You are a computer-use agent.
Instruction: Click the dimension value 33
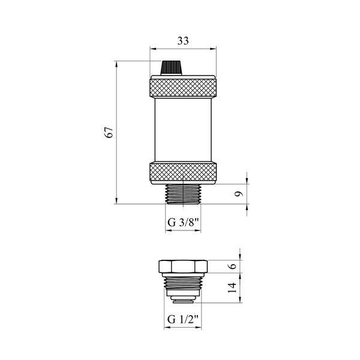pos(183,41)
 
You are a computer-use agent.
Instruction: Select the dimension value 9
pos(239,194)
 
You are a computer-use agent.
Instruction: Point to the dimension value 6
pos(233,266)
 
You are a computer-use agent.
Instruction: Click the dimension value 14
pos(232,287)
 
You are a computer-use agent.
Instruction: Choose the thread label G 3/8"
pos(183,222)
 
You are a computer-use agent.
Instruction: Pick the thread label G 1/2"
pos(182,319)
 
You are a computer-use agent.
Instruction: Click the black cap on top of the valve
pos(171,68)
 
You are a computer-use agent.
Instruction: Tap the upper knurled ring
pos(183,88)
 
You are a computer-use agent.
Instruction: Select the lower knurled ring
pos(183,172)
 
